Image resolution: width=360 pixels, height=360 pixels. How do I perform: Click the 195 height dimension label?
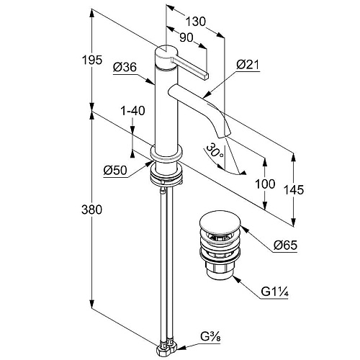pyautogui.click(x=92, y=60)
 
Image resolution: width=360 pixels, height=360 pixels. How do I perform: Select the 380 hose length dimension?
pyautogui.click(x=91, y=210)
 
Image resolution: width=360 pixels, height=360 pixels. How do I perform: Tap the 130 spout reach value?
pyautogui.click(x=196, y=22)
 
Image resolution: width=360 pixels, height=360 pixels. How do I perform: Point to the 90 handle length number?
pyautogui.click(x=186, y=37)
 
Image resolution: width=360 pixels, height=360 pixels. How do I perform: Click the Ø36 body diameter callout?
pyautogui.click(x=125, y=67)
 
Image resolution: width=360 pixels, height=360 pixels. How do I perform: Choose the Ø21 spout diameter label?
pyautogui.click(x=248, y=64)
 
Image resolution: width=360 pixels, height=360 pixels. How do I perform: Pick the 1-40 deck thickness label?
pyautogui.click(x=132, y=111)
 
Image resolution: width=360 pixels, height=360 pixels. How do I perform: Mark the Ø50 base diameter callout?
pyautogui.click(x=115, y=171)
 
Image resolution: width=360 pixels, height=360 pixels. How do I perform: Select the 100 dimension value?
pyautogui.click(x=265, y=184)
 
